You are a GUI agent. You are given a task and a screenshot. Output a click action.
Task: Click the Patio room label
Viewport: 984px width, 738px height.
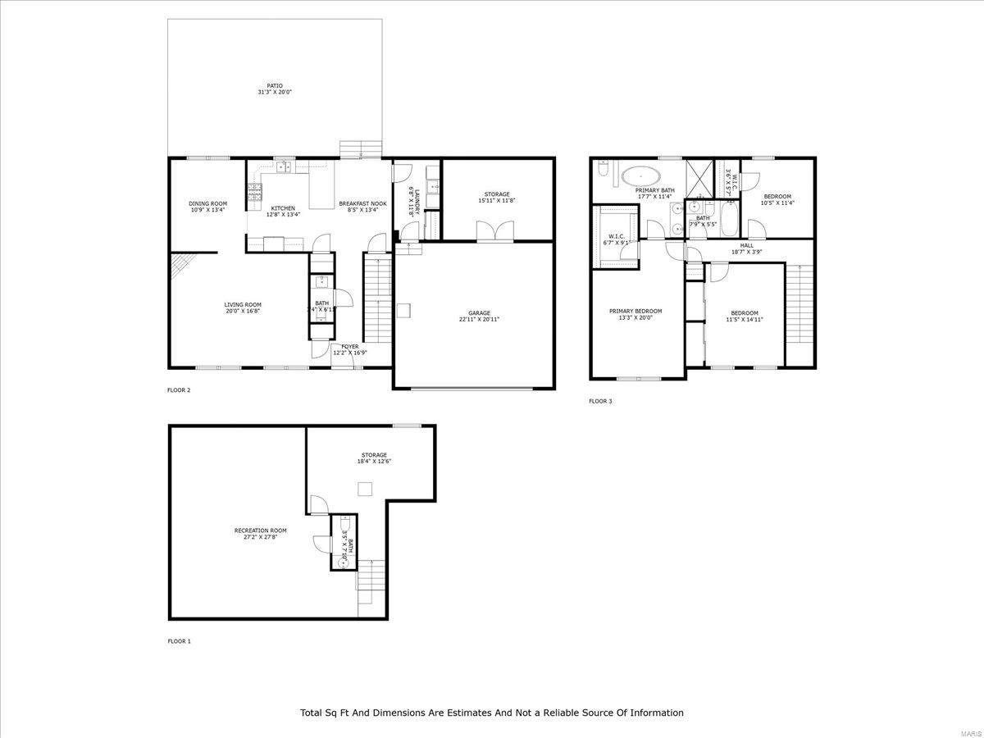275,85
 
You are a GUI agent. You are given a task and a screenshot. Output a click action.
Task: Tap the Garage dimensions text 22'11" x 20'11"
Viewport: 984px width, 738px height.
480,319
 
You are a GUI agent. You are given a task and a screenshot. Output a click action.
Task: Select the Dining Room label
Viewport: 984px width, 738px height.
207,203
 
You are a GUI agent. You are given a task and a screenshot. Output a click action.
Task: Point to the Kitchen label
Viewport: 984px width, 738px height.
283,208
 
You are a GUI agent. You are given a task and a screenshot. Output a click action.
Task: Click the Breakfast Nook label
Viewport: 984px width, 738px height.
362,203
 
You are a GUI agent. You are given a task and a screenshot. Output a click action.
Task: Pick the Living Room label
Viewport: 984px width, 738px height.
243,304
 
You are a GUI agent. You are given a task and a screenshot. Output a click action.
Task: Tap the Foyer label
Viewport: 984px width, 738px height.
349,346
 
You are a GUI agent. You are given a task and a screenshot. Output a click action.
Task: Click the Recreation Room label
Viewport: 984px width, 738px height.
260,531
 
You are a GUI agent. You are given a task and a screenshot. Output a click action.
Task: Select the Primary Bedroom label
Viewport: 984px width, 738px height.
635,311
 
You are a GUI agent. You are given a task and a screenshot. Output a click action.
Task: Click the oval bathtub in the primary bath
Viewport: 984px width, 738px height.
640,175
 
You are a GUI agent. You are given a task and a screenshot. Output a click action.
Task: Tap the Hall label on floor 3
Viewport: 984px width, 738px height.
746,245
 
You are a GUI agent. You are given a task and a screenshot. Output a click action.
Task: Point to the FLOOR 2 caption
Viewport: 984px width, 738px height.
179,390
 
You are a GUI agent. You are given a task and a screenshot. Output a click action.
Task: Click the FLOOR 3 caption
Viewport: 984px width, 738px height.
600,401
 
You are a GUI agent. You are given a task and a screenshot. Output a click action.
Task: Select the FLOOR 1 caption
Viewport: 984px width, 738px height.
179,641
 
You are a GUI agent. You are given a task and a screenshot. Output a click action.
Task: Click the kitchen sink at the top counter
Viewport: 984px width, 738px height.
285,167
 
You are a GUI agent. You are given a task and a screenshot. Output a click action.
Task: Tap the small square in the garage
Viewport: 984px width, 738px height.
403,309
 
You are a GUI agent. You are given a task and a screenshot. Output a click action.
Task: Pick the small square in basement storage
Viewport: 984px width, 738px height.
367,489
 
